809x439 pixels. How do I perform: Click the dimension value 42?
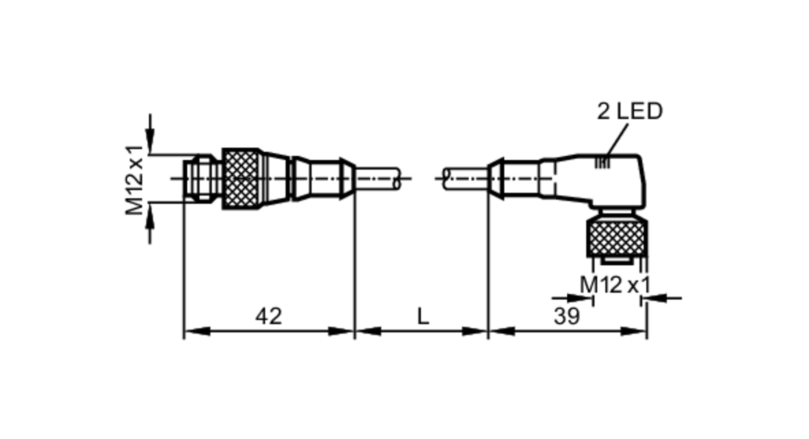click(x=269, y=316)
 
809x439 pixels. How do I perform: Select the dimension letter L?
click(x=423, y=316)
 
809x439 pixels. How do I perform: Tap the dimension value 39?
click(x=567, y=316)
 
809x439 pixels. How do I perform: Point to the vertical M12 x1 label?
click(x=135, y=180)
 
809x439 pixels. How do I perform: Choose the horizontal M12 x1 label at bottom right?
click(x=615, y=285)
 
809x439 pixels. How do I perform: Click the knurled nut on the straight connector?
click(x=241, y=179)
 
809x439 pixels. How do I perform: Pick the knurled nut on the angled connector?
click(x=617, y=238)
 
